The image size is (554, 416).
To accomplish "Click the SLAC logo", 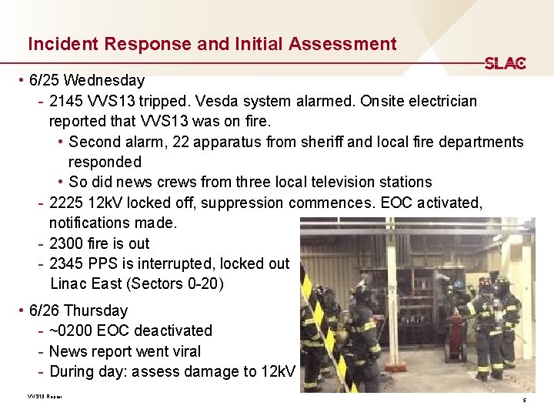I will coord(505,63).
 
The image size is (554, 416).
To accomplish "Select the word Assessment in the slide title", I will coord(342,44).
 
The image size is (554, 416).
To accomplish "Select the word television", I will coord(339,183).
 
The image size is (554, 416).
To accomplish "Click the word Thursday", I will coord(97,310).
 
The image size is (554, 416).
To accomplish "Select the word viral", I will coord(185,351).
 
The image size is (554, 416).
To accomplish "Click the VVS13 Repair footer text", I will coord(44,397).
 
